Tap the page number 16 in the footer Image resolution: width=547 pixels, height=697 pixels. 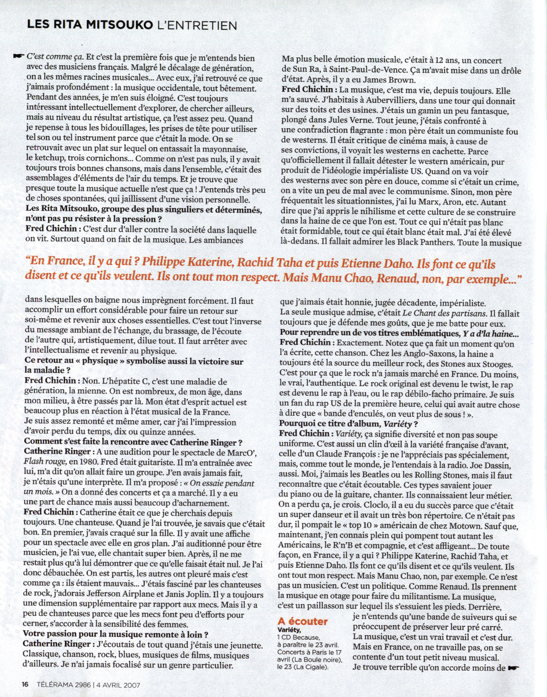[x=25, y=684]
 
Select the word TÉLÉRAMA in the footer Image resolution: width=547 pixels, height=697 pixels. [x=52, y=684]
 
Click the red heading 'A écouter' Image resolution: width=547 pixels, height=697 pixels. [x=303, y=621]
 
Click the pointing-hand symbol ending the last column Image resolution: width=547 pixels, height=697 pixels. [x=513, y=667]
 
